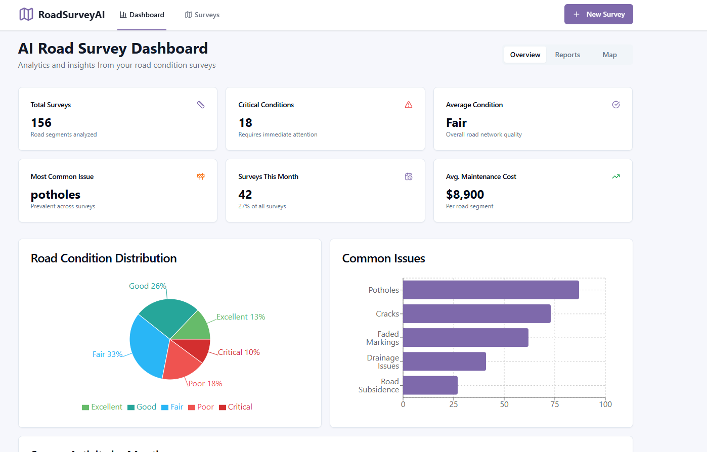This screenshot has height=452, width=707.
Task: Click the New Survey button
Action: point(598,14)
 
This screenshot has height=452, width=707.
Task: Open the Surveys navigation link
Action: point(202,15)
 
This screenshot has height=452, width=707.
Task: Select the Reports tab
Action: point(567,55)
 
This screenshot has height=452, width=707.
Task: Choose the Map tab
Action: point(609,55)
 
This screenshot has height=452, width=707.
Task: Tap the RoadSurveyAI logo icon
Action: point(26,14)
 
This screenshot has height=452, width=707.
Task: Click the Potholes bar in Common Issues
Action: point(491,290)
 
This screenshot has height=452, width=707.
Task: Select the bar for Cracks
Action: point(476,313)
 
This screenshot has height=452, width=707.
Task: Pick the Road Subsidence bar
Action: point(430,385)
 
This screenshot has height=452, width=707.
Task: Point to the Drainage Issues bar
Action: point(444,361)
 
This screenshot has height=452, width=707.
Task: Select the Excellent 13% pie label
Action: point(241,317)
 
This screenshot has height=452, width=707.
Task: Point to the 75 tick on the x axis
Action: point(555,404)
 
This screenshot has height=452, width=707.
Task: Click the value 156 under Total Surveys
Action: point(41,123)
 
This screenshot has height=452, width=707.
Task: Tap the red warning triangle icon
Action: point(409,105)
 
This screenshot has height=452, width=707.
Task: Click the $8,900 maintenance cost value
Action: point(465,195)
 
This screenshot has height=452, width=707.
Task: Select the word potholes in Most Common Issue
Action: point(56,195)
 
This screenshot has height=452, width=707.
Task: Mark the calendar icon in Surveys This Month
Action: point(409,176)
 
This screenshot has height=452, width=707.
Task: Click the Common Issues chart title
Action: point(383,258)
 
